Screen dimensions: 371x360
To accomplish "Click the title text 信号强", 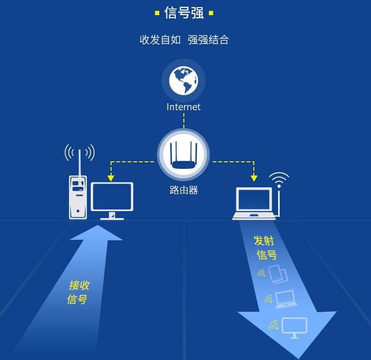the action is [x=184, y=13].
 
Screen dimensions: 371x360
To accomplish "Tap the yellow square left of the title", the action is [x=157, y=13].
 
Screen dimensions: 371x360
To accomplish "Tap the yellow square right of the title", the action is [x=211, y=13].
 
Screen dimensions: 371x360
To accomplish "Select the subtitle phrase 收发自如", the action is [x=160, y=40].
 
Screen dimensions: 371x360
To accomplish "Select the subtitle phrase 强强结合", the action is [x=208, y=40].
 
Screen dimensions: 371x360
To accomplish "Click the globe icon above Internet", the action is [x=183, y=80].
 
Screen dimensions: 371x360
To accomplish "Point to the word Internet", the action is [x=183, y=107].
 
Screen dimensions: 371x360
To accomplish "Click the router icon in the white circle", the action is [x=183, y=156].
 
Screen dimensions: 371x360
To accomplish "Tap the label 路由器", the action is [x=183, y=190].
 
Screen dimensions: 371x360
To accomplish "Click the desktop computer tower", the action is [x=78, y=197].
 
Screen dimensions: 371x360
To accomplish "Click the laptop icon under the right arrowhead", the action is [x=254, y=204].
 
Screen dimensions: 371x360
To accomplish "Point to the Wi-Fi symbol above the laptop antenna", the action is [x=279, y=180].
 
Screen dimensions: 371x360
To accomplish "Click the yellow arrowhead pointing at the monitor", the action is [x=111, y=178].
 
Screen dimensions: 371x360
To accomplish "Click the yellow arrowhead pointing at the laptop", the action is [x=254, y=178].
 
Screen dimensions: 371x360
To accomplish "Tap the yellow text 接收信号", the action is [x=78, y=292].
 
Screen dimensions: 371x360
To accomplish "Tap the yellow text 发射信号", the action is [x=265, y=247].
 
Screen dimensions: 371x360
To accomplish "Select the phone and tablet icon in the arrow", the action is [x=278, y=274].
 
